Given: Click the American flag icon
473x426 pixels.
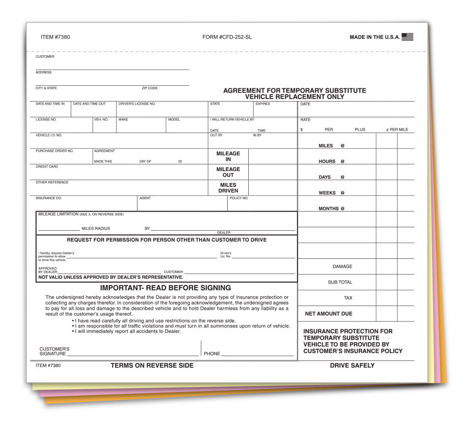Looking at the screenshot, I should point(407,37).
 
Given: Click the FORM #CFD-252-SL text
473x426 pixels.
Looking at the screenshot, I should point(227,37).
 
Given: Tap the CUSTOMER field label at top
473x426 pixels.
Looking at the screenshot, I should point(45,57).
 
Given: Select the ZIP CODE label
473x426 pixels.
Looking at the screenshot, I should point(150,88).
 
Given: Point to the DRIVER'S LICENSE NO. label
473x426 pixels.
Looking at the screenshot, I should point(137,104).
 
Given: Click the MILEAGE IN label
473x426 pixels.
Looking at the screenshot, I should point(228,156).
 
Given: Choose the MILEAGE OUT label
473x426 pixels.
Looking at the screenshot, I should point(228,172).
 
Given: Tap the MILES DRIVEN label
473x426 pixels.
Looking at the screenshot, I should point(228,188).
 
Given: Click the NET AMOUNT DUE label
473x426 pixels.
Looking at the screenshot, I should point(329,314).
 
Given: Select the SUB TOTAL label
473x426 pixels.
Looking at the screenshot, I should point(340,283).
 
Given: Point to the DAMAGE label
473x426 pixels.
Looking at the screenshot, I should point(342,267).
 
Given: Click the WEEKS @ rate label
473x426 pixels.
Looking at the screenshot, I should point(332,193).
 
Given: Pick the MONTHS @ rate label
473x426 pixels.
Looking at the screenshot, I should point(332,209).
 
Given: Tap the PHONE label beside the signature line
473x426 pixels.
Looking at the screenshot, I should point(212,354).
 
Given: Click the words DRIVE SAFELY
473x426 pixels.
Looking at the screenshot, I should point(352,366).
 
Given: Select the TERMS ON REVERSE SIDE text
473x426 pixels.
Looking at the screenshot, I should point(152,366).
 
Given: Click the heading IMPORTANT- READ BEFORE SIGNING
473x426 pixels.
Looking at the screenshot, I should point(166,288).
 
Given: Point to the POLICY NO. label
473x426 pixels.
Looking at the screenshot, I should point(239,198).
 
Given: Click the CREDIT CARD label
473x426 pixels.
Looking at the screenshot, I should point(47,167).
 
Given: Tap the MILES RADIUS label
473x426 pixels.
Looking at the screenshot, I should point(96,229).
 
